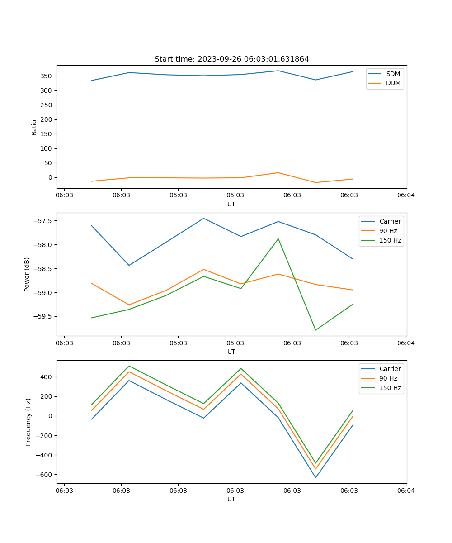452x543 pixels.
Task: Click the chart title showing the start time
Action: coord(231,59)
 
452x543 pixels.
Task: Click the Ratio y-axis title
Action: coord(34,127)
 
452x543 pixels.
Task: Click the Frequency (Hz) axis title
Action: coord(28,422)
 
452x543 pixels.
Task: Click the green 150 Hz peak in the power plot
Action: coord(278,239)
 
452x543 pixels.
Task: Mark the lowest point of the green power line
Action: coord(315,330)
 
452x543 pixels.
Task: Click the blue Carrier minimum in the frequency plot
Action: coord(315,477)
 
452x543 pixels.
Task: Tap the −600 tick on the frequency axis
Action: coord(45,475)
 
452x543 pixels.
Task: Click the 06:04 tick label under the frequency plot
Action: coord(405,490)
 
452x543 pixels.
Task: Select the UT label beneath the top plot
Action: coord(231,204)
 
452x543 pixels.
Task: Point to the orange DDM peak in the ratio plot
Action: coord(278,173)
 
